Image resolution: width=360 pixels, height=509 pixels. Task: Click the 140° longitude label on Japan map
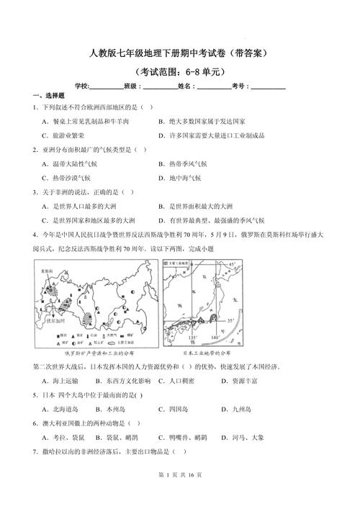[x=215, y=336]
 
